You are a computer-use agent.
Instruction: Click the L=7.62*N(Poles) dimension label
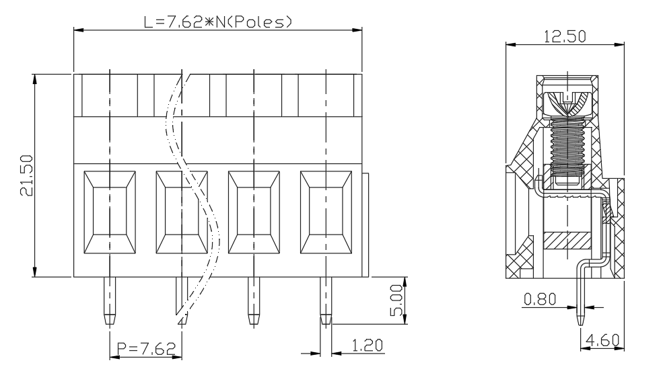218,22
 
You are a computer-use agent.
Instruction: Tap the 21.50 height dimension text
27,175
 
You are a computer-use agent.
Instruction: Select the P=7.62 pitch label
146,349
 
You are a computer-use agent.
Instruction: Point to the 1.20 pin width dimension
368,345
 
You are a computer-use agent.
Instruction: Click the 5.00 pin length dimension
396,300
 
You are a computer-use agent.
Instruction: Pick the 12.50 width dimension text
565,37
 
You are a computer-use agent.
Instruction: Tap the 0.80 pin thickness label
540,300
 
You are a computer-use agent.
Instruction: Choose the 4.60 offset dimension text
602,340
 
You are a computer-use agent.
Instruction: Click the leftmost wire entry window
110,212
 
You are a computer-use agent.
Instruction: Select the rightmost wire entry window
326,212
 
